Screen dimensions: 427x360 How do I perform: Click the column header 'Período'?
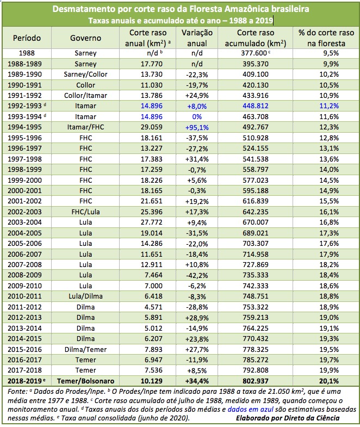27,38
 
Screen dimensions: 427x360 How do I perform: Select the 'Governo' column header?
85,38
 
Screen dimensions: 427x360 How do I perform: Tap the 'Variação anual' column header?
193,38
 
